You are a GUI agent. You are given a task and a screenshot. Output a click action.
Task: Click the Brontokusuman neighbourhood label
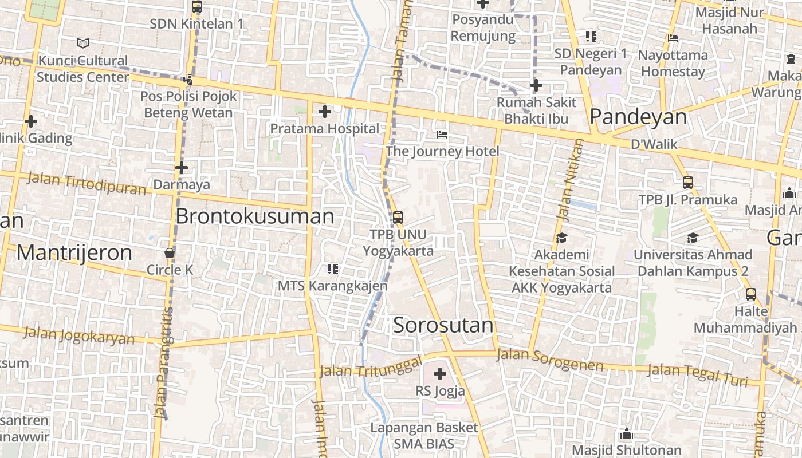click(x=255, y=216)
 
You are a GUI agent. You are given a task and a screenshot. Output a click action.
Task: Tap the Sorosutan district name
click(x=443, y=325)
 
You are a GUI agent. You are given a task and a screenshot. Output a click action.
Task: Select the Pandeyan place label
click(x=638, y=117)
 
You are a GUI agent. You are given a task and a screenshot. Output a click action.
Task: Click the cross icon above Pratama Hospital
click(x=325, y=112)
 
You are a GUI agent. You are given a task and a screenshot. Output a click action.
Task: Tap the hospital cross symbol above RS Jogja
click(x=440, y=374)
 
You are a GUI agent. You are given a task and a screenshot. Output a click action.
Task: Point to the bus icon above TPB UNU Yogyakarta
click(x=398, y=218)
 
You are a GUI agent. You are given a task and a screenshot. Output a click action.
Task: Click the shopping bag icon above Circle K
click(x=170, y=252)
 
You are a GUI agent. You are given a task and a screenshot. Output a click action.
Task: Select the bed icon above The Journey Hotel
click(x=442, y=135)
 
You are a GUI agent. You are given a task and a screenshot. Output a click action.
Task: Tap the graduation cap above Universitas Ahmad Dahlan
click(x=693, y=238)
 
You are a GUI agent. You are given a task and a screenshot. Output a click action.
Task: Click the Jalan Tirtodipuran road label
click(x=87, y=183)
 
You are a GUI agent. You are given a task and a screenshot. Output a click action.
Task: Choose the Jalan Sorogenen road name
click(x=550, y=360)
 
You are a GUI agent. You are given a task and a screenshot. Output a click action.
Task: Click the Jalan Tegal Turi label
click(x=698, y=374)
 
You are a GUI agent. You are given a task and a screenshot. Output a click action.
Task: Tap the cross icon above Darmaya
click(x=182, y=168)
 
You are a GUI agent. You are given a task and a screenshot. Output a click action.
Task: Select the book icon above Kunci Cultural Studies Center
click(x=83, y=43)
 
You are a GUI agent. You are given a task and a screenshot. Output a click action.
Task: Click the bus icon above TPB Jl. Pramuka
click(x=688, y=183)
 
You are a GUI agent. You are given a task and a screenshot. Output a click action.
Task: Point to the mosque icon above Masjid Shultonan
click(x=627, y=434)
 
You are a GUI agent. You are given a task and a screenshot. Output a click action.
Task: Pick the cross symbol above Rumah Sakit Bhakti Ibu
click(x=536, y=86)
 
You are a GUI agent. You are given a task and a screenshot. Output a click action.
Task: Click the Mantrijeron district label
click(x=74, y=252)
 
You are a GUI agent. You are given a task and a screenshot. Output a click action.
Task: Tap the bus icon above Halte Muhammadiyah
click(x=751, y=294)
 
